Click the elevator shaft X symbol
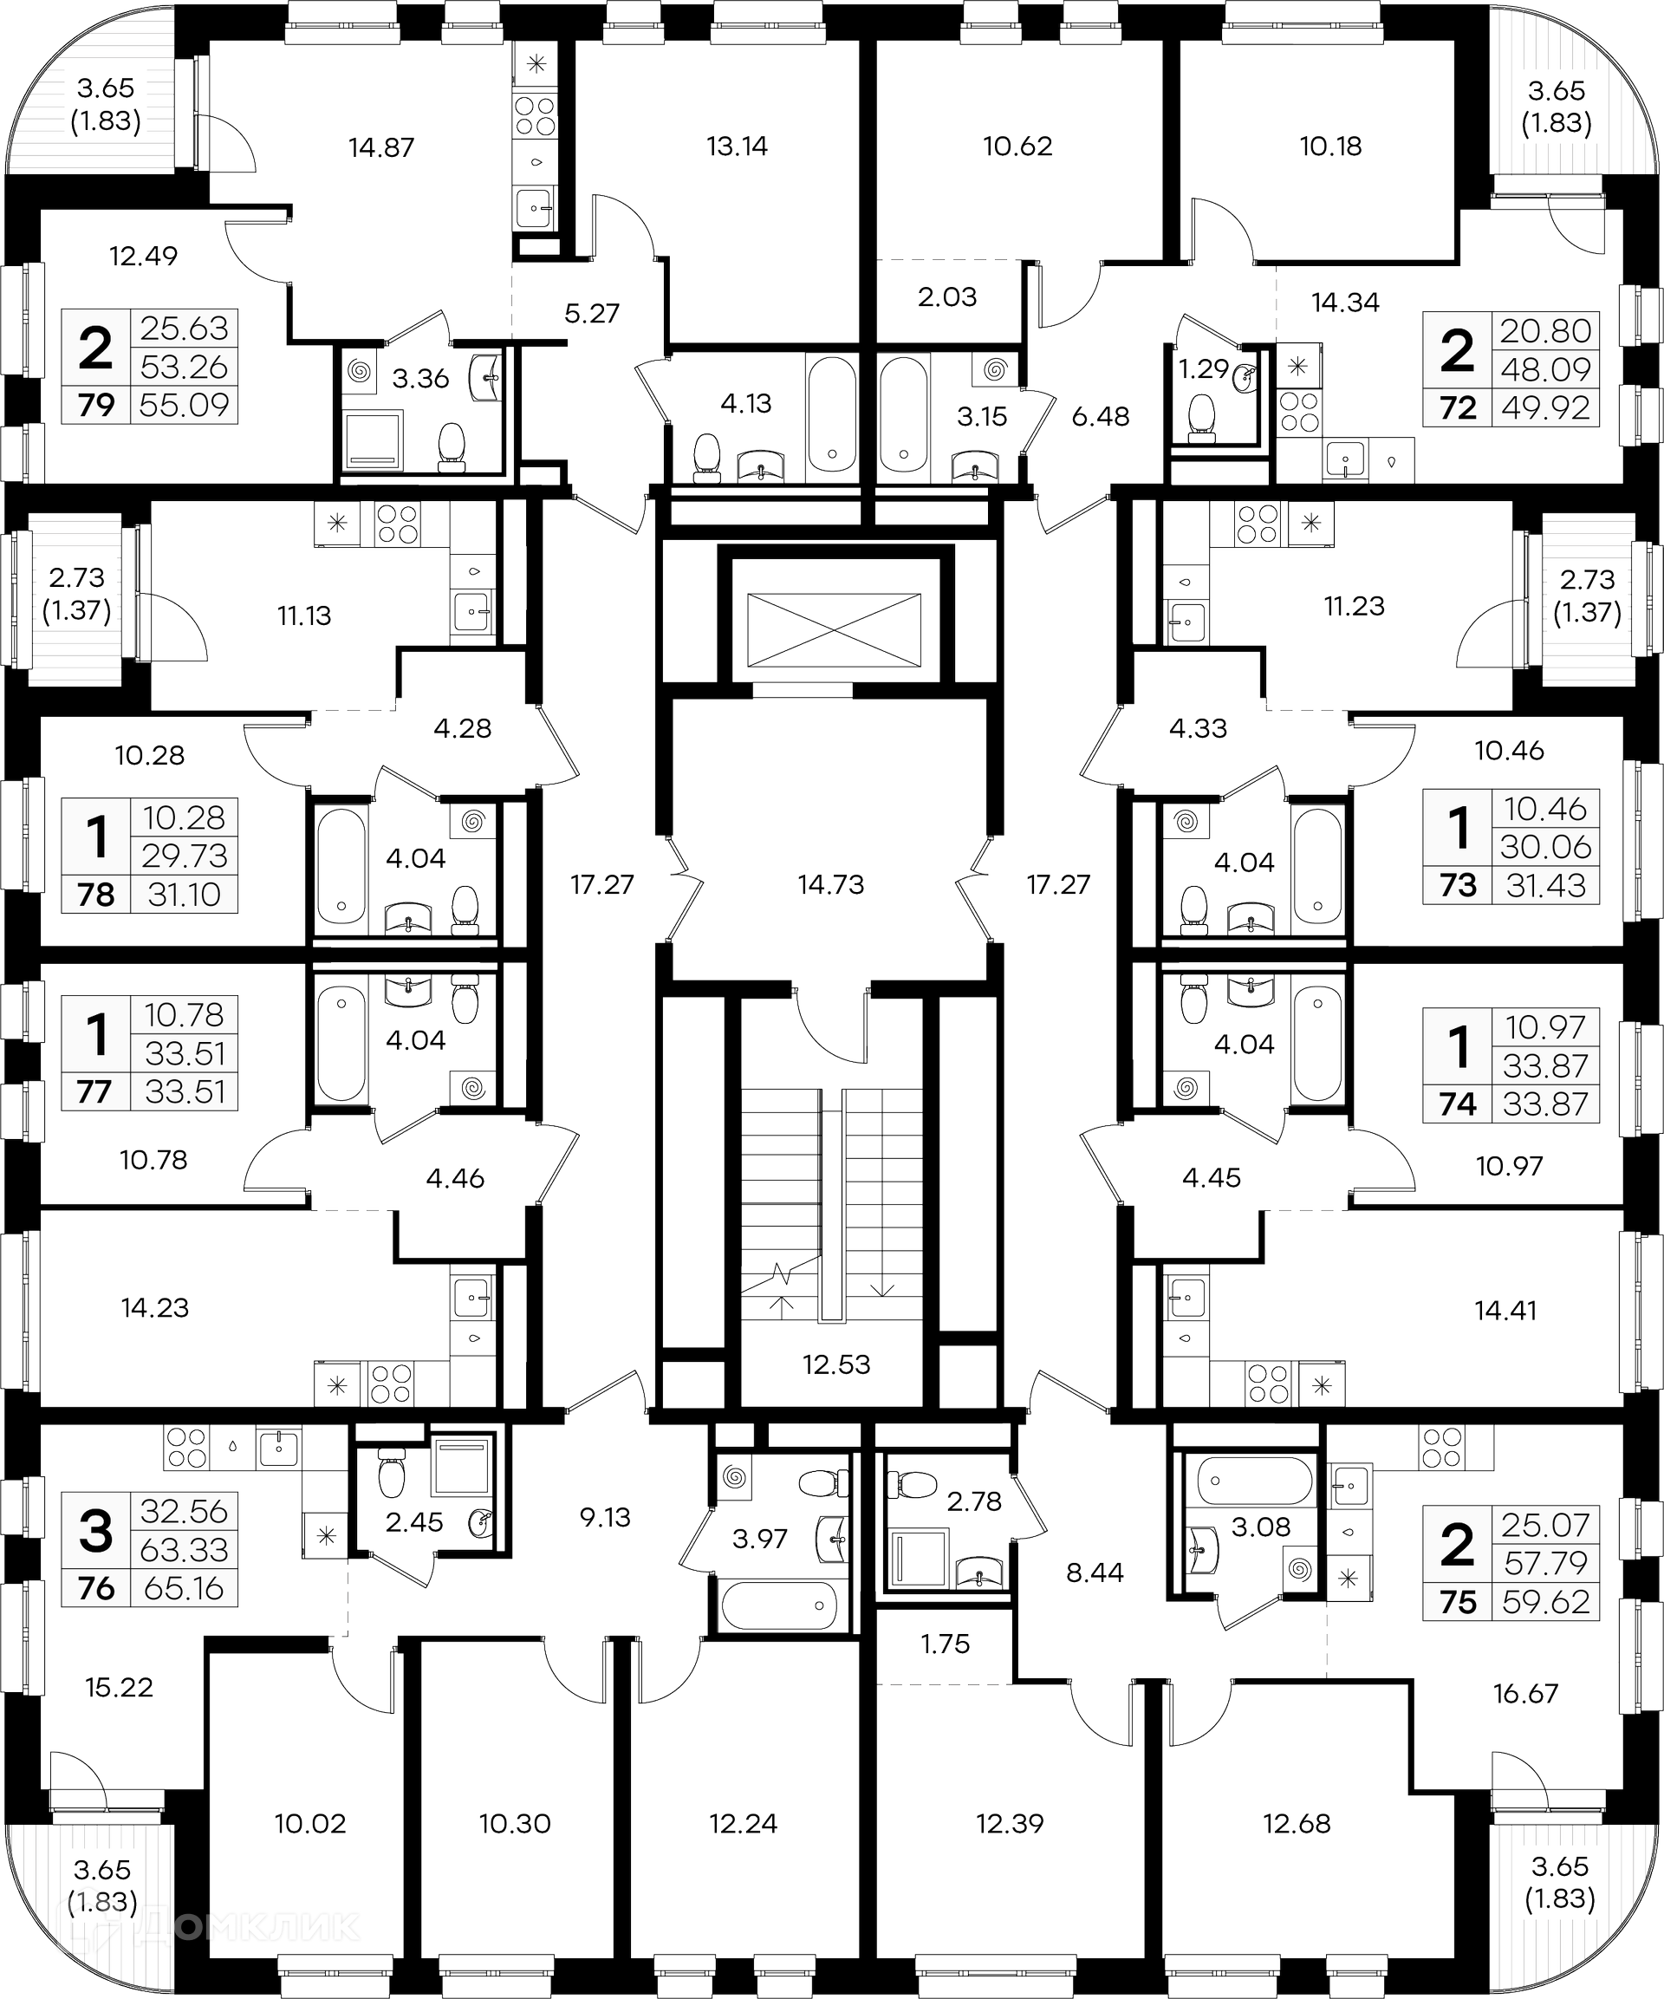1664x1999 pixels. click(834, 629)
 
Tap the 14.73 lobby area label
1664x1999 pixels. click(830, 884)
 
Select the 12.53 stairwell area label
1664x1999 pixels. click(835, 1364)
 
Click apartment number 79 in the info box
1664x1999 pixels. click(96, 405)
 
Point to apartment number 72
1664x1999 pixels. click(1458, 407)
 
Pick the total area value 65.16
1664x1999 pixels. click(184, 1588)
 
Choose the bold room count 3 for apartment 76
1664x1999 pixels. click(96, 1531)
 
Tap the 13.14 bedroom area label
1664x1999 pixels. click(737, 146)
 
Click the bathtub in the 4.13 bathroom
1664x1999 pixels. click(832, 420)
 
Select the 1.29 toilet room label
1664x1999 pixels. click(1203, 368)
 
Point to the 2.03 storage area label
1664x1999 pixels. click(947, 297)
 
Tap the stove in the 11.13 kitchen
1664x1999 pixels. click(397, 523)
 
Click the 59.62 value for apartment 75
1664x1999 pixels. click(1546, 1602)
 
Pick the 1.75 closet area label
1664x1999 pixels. click(945, 1644)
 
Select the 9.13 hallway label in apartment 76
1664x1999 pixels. click(606, 1516)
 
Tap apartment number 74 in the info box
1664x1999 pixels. click(1458, 1104)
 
